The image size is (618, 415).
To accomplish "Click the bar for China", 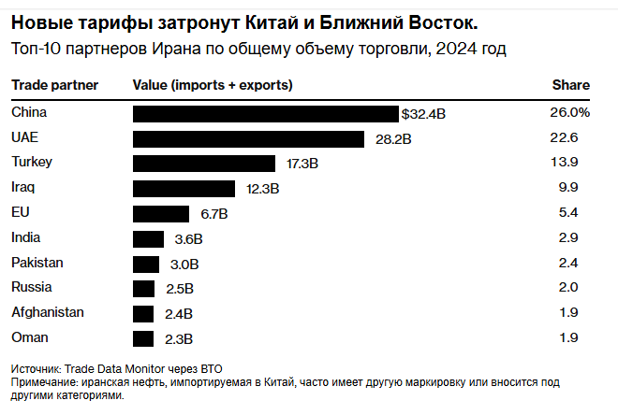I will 266,114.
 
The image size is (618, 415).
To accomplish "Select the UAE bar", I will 248,139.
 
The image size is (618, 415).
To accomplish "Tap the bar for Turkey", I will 209,164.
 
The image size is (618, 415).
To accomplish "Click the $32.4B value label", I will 423,114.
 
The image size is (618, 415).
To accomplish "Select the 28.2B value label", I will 389,139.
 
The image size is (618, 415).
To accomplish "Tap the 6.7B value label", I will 214,214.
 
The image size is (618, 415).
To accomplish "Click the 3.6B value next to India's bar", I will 189,239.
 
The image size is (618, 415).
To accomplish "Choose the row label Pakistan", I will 37,263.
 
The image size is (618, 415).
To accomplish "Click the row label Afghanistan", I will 48,312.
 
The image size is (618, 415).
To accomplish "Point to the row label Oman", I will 29,337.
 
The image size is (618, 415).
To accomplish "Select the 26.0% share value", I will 569,112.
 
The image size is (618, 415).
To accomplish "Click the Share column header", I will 571,85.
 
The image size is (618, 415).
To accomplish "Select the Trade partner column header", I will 55,85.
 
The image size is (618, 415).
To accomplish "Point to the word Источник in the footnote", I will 36,368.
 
